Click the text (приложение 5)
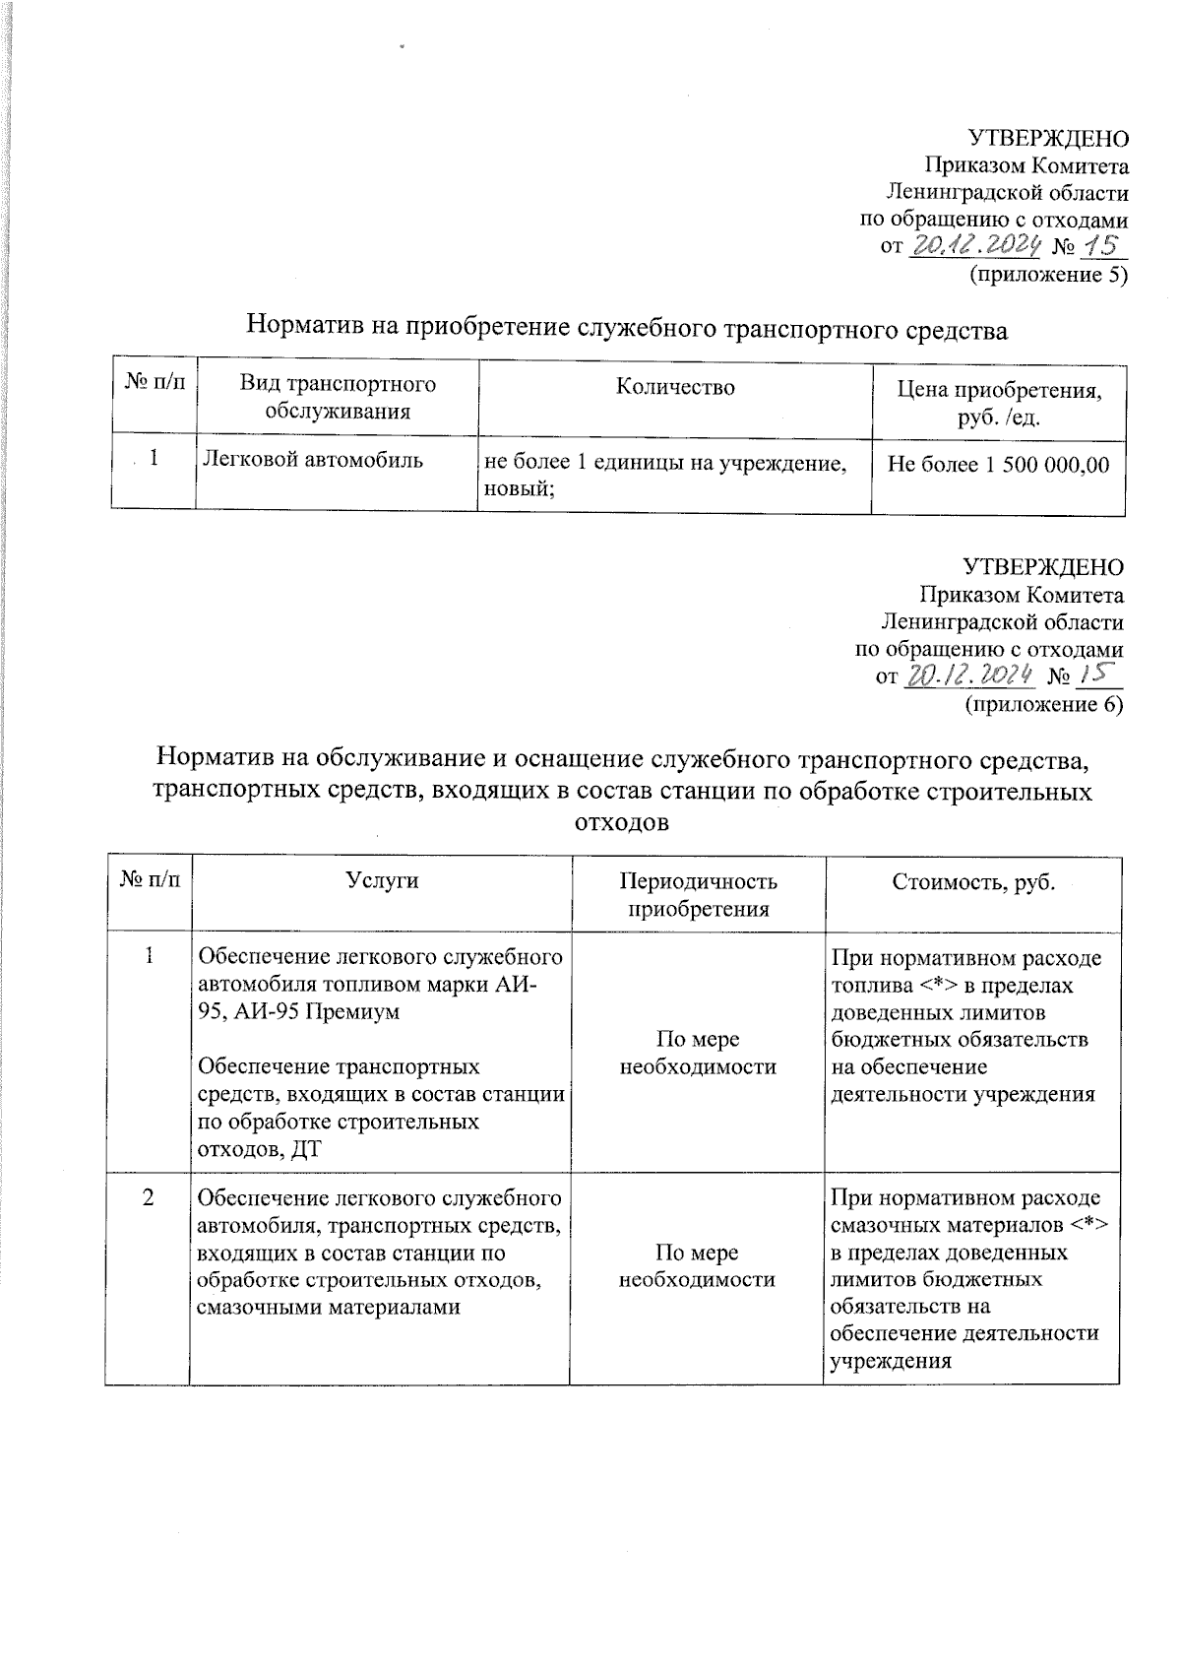pyautogui.click(x=1048, y=275)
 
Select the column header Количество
pyautogui.click(x=675, y=387)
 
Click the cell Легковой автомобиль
pyautogui.click(x=313, y=459)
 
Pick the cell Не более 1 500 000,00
pyautogui.click(x=998, y=464)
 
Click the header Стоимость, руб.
pyautogui.click(x=972, y=881)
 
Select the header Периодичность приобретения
pyautogui.click(x=698, y=894)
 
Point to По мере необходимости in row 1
pyautogui.click(x=698, y=1053)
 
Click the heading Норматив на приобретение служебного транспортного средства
pyautogui.click(x=627, y=326)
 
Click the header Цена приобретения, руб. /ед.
pyautogui.click(x=998, y=403)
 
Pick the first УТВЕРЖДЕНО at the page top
pyautogui.click(x=1049, y=138)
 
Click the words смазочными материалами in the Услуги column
pyautogui.click(x=329, y=1307)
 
